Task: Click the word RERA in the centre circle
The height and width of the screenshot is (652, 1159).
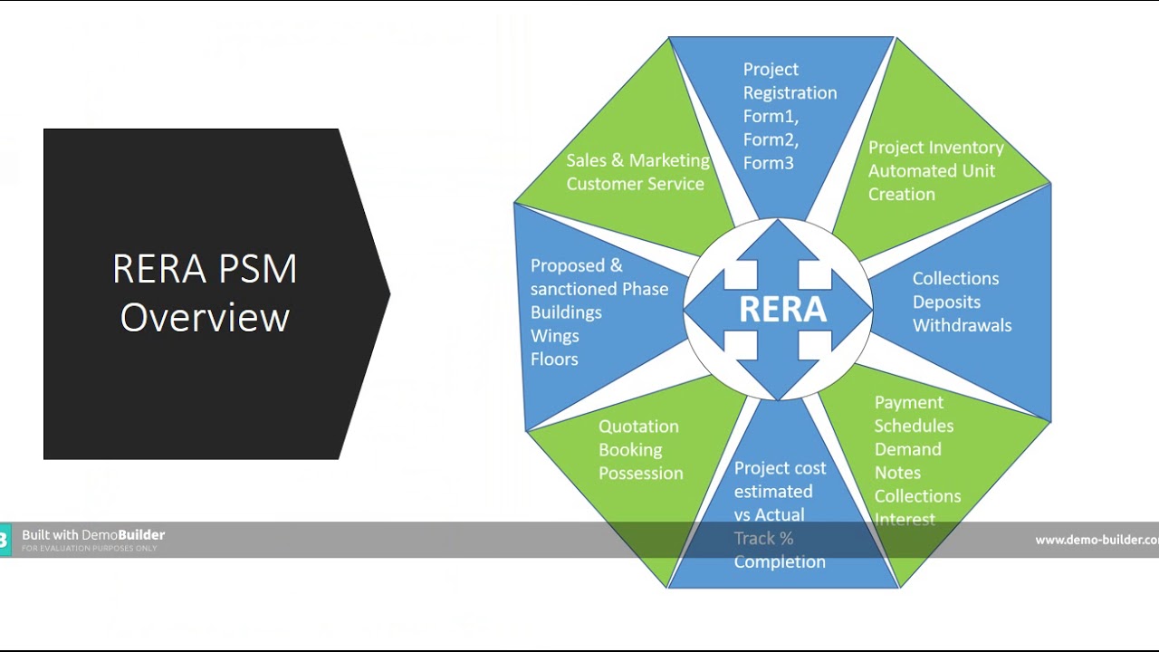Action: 782,310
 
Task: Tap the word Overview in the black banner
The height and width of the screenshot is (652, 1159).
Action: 205,318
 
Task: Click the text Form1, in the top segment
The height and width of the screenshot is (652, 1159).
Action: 771,116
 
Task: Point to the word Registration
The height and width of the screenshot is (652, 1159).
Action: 790,92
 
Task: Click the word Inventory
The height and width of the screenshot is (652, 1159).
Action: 963,148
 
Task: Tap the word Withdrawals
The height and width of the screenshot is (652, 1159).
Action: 962,325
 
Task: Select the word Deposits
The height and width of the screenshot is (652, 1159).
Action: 946,302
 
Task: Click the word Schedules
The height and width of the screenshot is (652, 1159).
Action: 914,426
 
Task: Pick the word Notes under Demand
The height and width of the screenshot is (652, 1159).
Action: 897,473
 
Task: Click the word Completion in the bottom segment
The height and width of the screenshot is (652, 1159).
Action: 780,561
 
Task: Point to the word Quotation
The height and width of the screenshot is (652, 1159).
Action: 638,427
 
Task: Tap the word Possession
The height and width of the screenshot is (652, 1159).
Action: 640,473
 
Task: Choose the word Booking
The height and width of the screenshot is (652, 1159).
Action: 630,450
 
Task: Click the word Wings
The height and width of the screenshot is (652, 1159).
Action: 554,336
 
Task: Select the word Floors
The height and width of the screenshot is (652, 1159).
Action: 554,360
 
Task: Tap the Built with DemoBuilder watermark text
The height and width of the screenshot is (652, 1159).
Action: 93,535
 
